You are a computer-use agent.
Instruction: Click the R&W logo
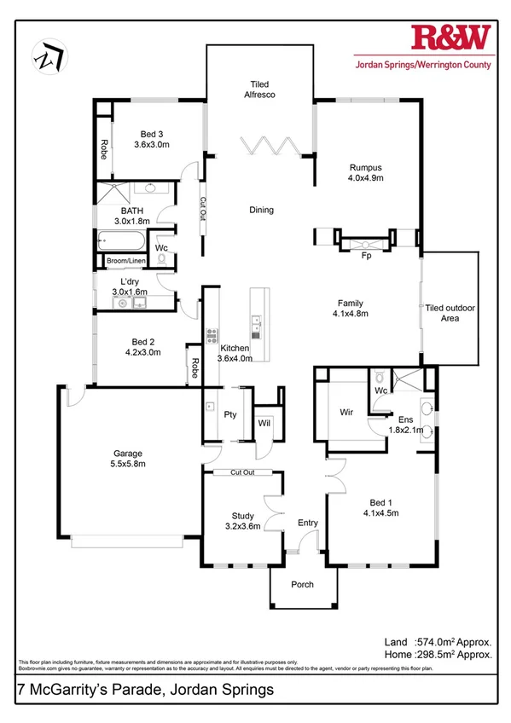coord(452,38)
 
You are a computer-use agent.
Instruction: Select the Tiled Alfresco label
coord(259,90)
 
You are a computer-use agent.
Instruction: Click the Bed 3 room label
coord(153,134)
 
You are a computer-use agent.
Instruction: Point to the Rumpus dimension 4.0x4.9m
coord(366,179)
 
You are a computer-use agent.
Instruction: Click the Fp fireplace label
coord(368,254)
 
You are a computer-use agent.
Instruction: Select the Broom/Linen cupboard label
coord(125,261)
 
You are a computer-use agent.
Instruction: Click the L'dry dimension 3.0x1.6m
coord(130,291)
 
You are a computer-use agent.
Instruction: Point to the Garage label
coord(129,454)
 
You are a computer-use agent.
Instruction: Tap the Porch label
coord(302,585)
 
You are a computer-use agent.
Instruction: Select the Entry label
coord(307,523)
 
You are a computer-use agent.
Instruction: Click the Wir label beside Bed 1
coord(346,412)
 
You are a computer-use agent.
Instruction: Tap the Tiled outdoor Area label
coord(450,312)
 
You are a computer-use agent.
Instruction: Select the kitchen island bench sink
coord(256,322)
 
